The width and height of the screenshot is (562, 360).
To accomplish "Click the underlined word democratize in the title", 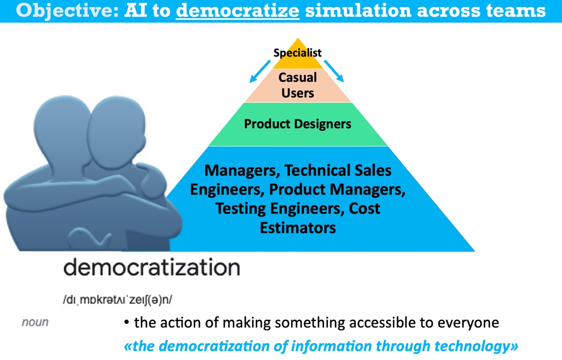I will point(238,11).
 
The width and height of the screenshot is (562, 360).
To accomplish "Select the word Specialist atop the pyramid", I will point(298,52).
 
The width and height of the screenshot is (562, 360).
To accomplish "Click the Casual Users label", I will point(298,85).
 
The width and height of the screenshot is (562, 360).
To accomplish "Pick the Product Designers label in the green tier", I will point(298,124).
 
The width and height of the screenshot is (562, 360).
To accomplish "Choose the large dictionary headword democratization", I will point(151,268).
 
